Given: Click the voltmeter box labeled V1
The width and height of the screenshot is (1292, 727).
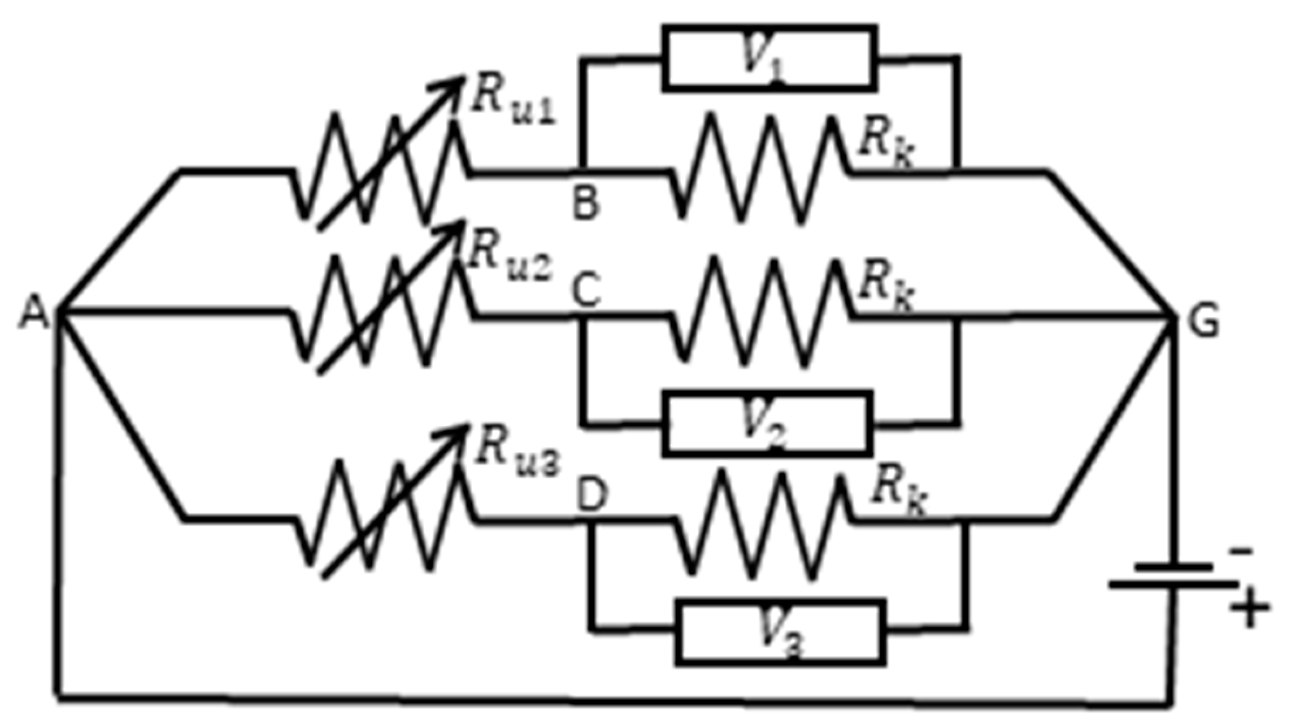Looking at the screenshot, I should (769, 58).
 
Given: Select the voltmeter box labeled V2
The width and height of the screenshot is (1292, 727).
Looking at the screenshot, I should (767, 423).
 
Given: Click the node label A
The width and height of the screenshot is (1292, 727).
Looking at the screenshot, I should (33, 312).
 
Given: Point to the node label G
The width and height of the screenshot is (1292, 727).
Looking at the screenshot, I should (1203, 321).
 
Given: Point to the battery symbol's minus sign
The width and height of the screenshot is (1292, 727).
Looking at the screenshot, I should (1240, 551).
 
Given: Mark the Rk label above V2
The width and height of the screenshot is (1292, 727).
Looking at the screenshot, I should (884, 287).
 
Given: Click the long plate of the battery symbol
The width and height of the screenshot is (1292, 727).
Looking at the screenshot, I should (1172, 585).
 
